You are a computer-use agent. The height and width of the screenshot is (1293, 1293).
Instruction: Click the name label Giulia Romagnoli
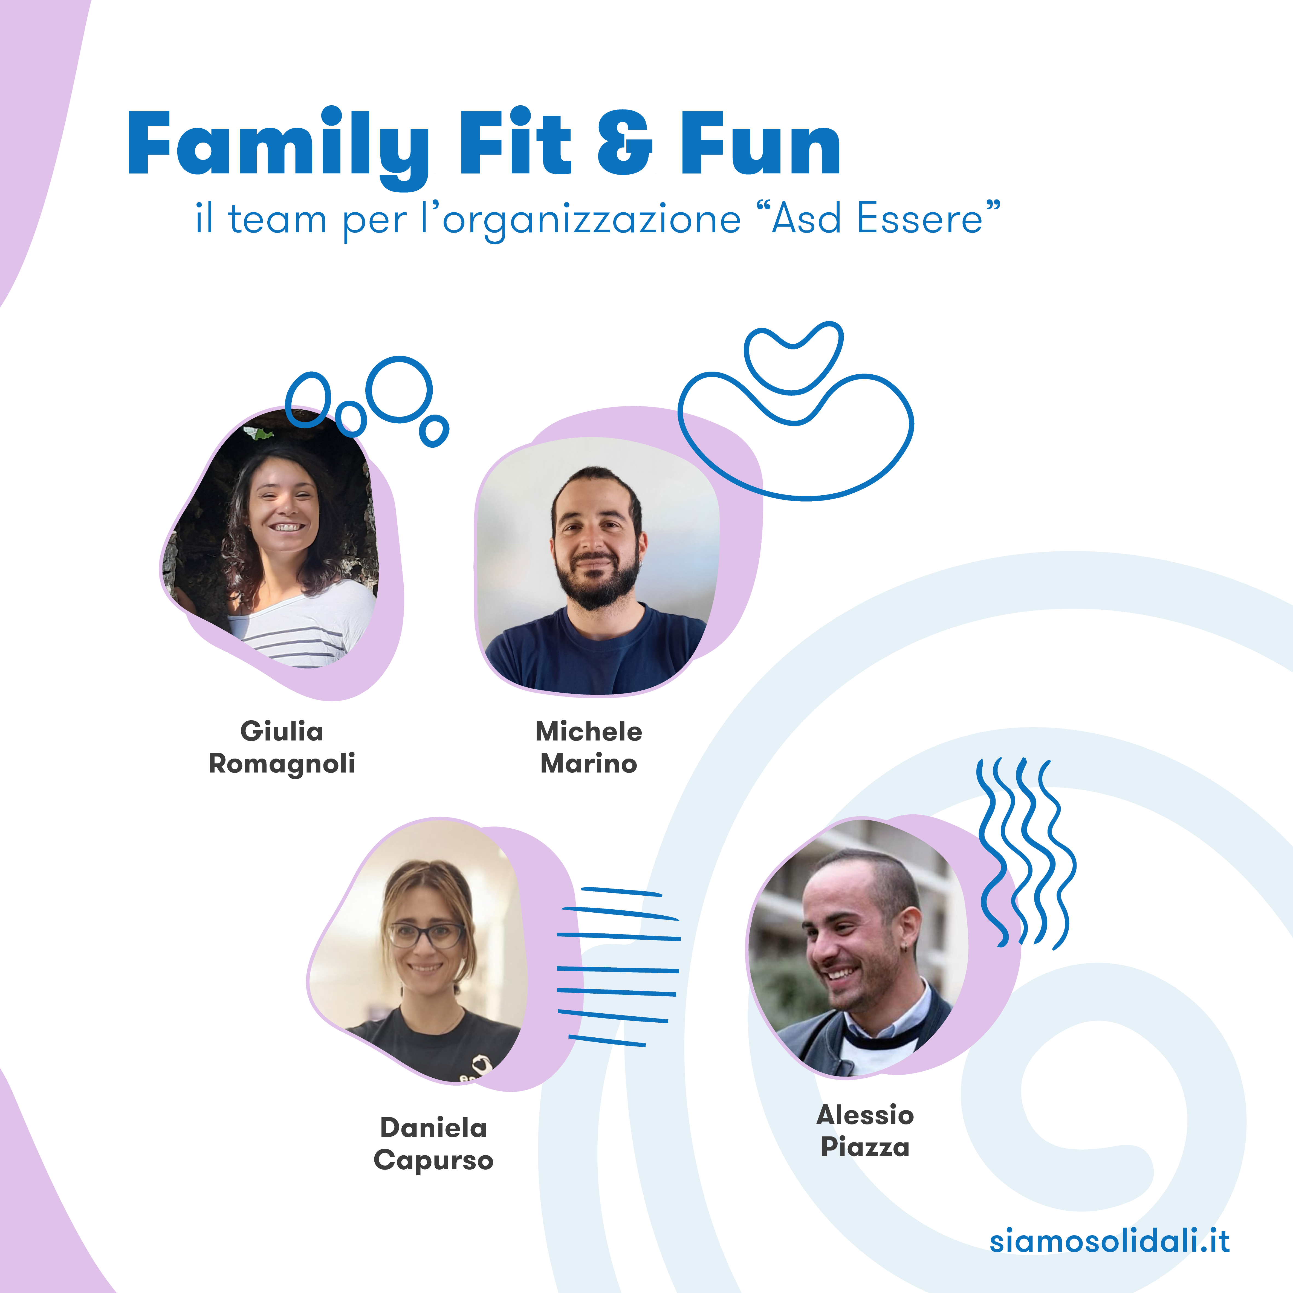click(282, 747)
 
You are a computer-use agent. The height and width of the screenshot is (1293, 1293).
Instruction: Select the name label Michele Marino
click(589, 747)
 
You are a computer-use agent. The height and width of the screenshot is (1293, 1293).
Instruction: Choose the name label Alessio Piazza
click(865, 1131)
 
